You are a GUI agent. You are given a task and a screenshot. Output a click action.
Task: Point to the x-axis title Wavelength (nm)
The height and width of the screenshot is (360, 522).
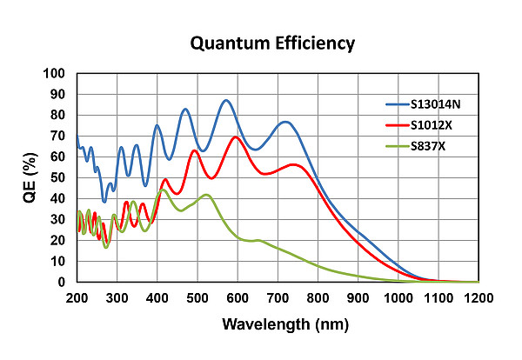click(278, 326)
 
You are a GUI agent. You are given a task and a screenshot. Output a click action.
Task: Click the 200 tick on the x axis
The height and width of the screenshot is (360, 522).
click(77, 298)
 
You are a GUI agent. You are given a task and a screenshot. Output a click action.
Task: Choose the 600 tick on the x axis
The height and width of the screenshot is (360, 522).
click(238, 298)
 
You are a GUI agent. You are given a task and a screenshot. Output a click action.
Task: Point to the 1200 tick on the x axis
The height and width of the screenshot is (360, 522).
click(478, 298)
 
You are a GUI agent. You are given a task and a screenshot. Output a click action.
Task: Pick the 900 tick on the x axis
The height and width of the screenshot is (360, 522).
click(358, 298)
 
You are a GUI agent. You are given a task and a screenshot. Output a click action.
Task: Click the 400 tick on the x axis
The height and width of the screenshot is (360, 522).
click(157, 298)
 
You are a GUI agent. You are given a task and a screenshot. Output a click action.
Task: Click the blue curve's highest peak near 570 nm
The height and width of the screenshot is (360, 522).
click(226, 100)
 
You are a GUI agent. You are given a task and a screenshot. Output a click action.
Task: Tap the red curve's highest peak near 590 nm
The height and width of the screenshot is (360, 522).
click(235, 137)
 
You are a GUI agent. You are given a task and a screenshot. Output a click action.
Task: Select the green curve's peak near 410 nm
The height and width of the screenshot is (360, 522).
click(161, 190)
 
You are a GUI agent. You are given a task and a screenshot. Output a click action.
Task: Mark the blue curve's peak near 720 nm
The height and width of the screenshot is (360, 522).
click(285, 122)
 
